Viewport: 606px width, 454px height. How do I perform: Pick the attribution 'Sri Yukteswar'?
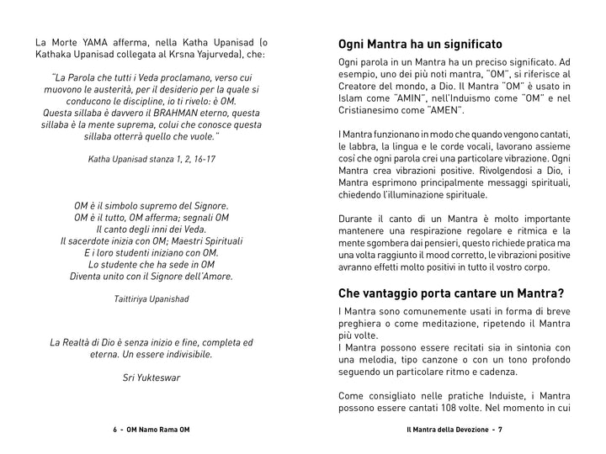pos(151,377)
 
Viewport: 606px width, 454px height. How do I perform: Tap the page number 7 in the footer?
pos(499,429)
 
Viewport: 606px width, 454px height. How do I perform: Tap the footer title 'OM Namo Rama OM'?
pos(157,429)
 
